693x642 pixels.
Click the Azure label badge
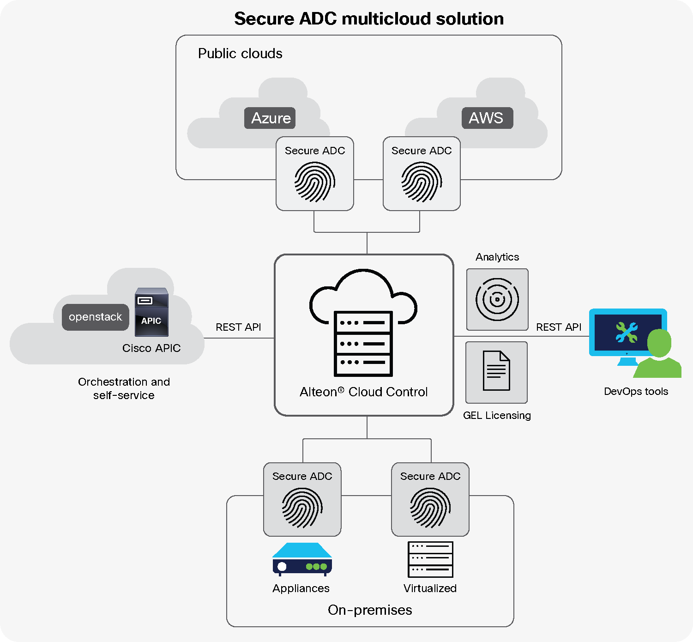pyautogui.click(x=270, y=118)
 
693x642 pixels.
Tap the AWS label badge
pyautogui.click(x=487, y=118)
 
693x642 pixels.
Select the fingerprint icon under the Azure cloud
pyautogui.click(x=315, y=182)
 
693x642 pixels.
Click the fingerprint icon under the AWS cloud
pyautogui.click(x=422, y=182)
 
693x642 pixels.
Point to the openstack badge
pyautogui.click(x=96, y=317)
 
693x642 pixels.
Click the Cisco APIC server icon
pyautogui.click(x=151, y=312)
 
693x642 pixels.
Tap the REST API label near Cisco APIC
pyautogui.click(x=238, y=327)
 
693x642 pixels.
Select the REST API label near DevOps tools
pyautogui.click(x=559, y=327)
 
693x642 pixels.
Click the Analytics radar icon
pyautogui.click(x=497, y=299)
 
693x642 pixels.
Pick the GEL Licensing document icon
pyautogui.click(x=496, y=371)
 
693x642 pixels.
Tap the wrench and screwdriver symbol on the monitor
pyautogui.click(x=627, y=333)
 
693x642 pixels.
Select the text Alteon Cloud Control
pyautogui.click(x=363, y=392)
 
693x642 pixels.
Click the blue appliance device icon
pyautogui.click(x=302, y=559)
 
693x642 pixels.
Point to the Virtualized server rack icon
pyautogui.click(x=430, y=559)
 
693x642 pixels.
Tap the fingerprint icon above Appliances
pyautogui.click(x=302, y=508)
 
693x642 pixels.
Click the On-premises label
pyautogui.click(x=370, y=610)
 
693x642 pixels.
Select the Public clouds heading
pyautogui.click(x=240, y=54)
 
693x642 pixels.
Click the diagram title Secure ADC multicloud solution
pyautogui.click(x=369, y=19)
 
